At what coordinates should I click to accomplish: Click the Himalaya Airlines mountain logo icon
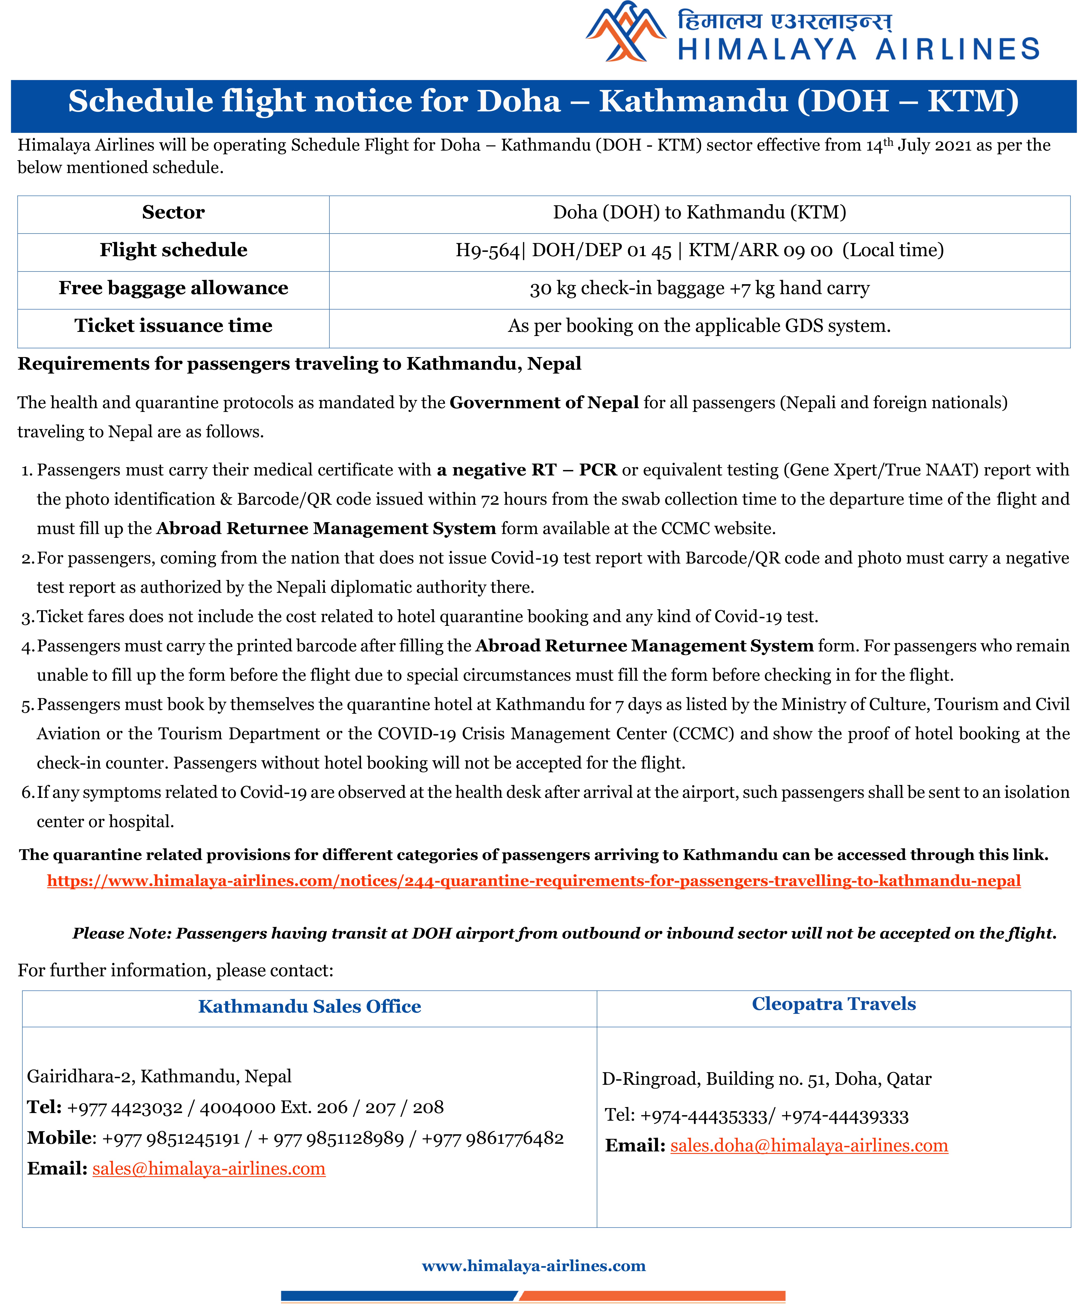pos(626,32)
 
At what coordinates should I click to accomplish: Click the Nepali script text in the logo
pos(784,21)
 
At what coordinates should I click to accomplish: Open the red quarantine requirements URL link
pos(533,881)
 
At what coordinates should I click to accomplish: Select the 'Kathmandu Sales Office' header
pos(309,1007)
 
